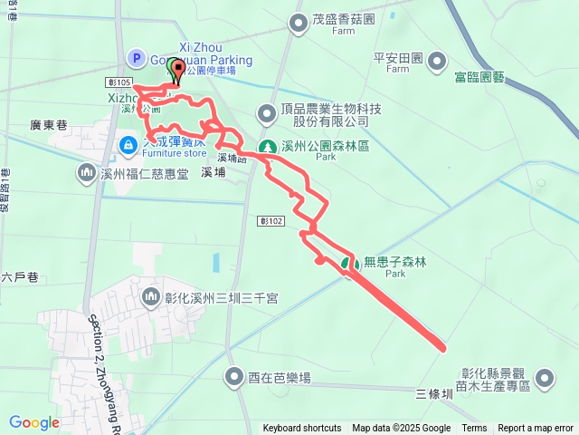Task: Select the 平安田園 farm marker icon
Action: coord(438,62)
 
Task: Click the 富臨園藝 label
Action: coord(480,78)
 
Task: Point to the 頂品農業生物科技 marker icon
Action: coord(267,113)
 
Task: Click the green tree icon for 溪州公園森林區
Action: coord(267,146)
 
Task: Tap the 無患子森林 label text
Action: coord(394,263)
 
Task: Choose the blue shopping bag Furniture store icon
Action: coord(129,143)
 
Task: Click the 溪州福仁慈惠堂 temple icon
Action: coord(87,171)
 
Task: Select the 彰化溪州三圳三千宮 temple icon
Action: coord(150,295)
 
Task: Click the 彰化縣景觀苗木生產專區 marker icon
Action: coord(545,377)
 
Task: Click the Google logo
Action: coord(33,422)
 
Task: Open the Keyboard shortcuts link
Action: coord(302,429)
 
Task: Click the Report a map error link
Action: coord(536,429)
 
